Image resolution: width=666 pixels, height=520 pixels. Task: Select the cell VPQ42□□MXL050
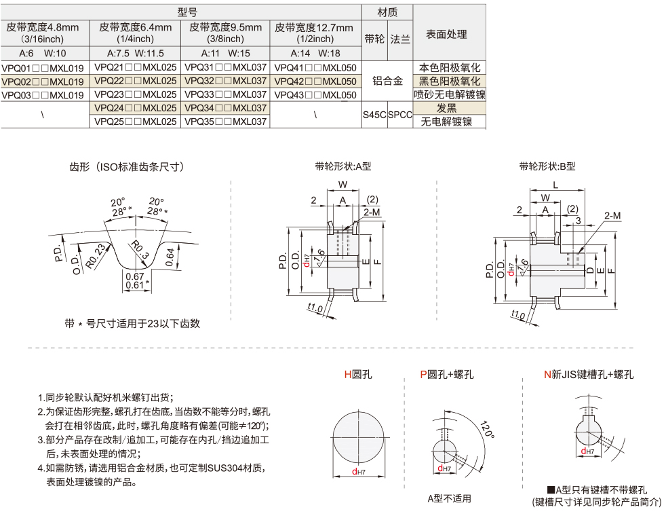click(315, 81)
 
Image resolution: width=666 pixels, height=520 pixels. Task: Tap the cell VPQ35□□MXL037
click(225, 122)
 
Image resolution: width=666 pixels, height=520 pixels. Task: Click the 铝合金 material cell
click(388, 81)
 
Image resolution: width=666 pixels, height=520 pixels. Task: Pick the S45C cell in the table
click(374, 115)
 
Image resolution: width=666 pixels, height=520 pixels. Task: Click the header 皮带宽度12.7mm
click(315, 28)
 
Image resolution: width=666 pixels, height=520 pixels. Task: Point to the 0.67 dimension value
click(134, 276)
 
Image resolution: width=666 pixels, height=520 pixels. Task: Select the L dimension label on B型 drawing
click(555, 185)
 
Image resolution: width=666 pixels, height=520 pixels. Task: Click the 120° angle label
click(486, 430)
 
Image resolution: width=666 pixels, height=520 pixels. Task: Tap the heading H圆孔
click(358, 374)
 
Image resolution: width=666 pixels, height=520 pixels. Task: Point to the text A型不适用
click(449, 499)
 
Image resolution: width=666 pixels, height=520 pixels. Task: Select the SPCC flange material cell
click(400, 115)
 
